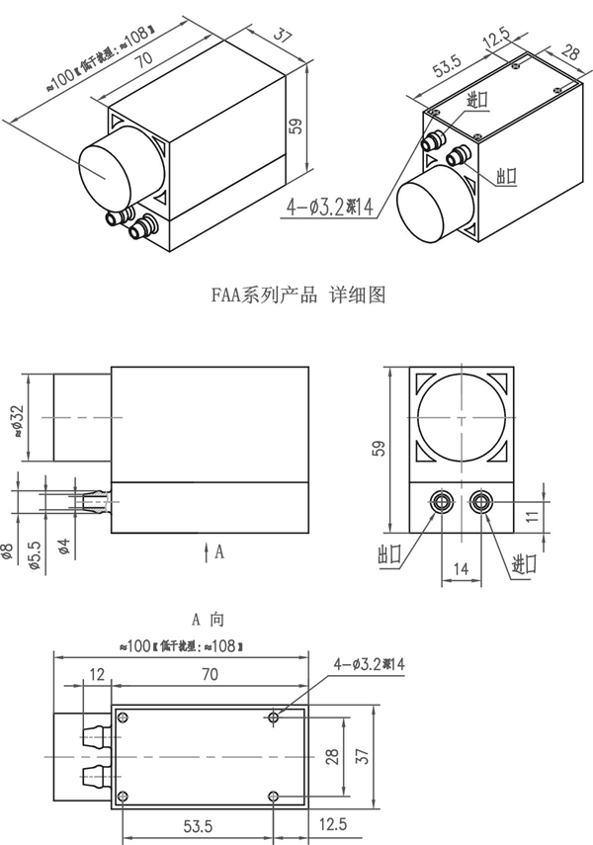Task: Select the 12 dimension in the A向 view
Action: [x=96, y=674]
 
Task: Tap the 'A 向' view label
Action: [x=208, y=620]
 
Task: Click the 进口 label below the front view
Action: [x=524, y=564]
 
